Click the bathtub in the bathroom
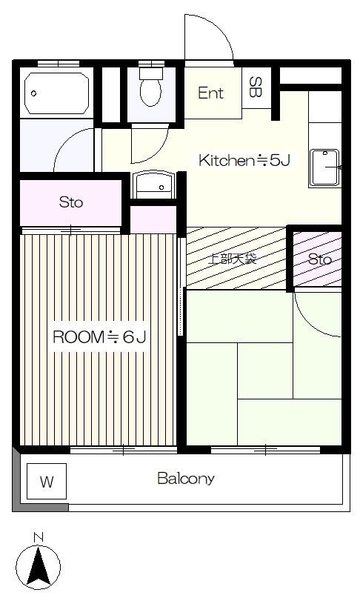point(57,93)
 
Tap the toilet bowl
point(150,93)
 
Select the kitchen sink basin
point(324,167)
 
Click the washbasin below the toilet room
point(153,185)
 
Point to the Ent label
point(210,93)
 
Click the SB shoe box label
point(255,87)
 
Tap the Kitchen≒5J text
point(244,160)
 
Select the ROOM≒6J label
point(99,337)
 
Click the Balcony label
point(186,479)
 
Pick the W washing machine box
point(47,481)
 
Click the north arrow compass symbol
point(39,567)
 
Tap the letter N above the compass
point(39,538)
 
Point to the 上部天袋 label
point(232,259)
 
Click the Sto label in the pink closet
point(71,202)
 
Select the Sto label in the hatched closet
point(320,259)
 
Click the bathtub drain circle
point(33,93)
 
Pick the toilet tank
point(151,73)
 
